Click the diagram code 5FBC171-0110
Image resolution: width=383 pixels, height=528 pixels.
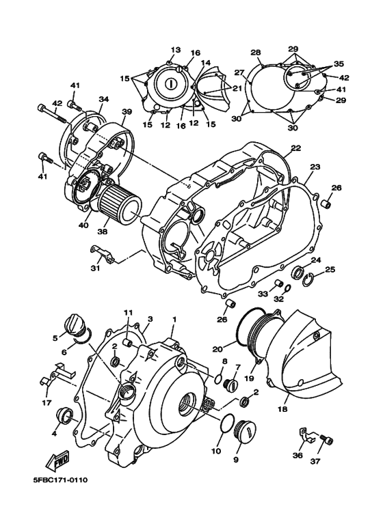(60, 480)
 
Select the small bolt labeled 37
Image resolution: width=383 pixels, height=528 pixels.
(327, 441)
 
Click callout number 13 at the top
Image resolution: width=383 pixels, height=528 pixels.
(175, 50)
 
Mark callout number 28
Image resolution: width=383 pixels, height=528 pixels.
(256, 53)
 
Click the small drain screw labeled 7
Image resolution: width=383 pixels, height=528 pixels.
(230, 386)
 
